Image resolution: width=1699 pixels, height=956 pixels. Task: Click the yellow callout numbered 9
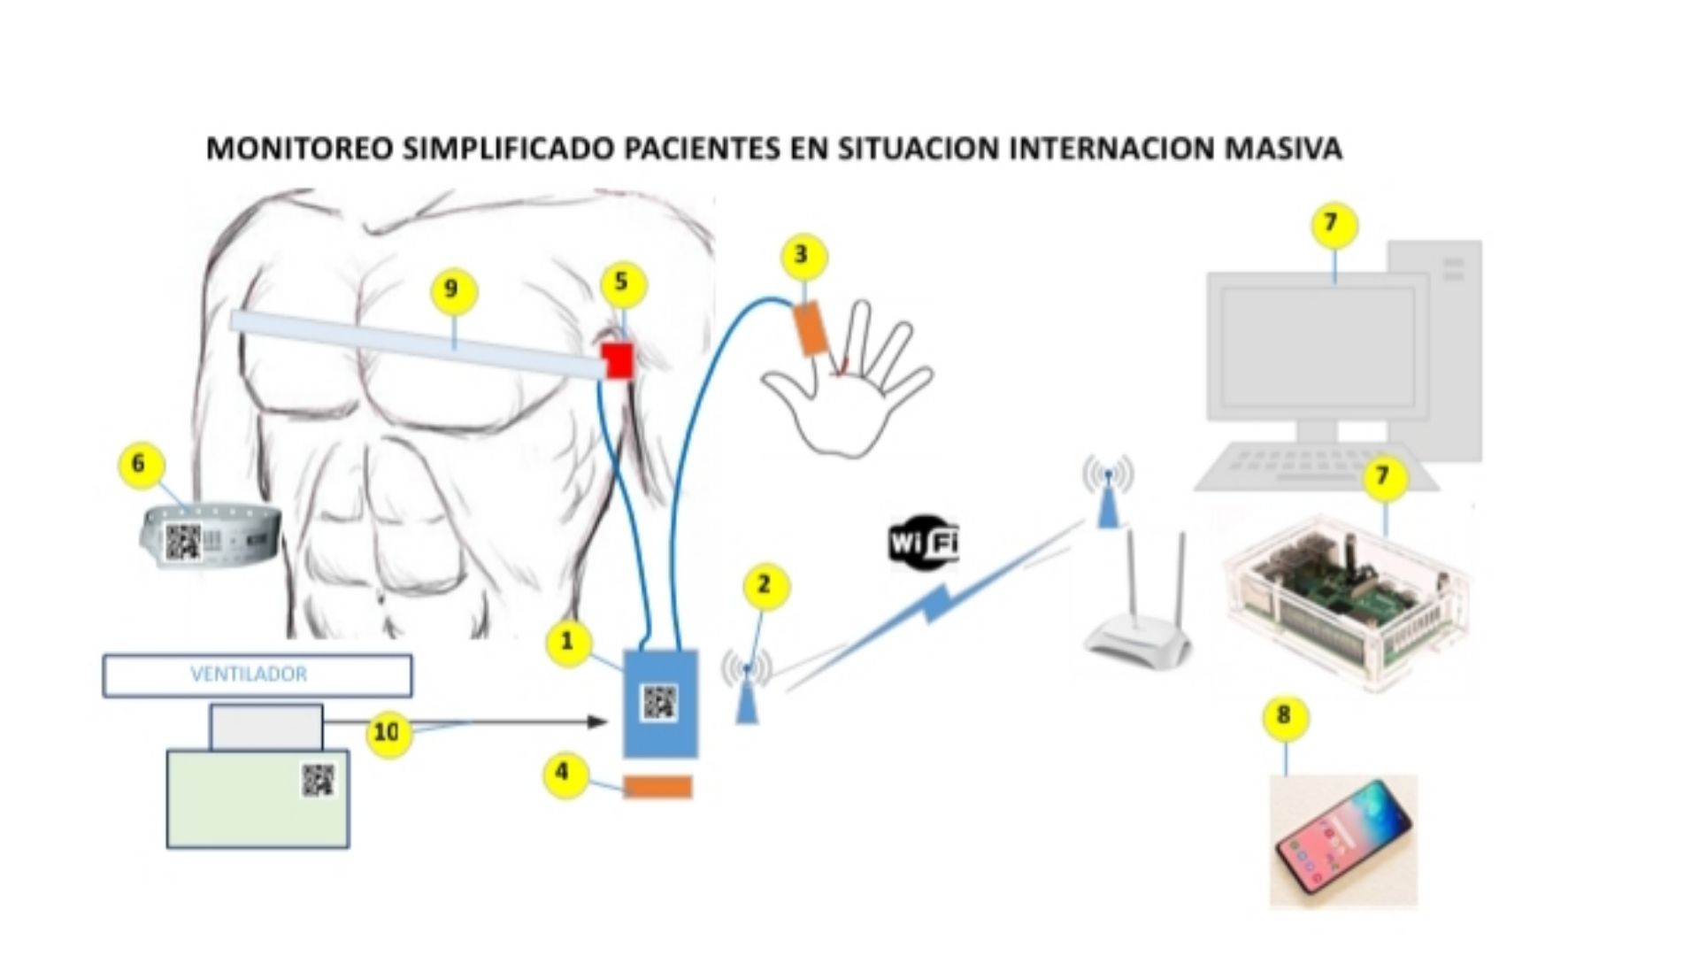tap(453, 290)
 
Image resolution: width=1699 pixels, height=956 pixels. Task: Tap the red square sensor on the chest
tap(618, 360)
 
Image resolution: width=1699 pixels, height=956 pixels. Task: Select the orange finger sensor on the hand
tap(811, 328)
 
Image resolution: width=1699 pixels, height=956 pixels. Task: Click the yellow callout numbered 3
tap(803, 256)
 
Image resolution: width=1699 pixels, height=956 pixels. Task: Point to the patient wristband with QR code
tap(211, 535)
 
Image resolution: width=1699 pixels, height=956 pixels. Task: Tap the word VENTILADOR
tap(249, 675)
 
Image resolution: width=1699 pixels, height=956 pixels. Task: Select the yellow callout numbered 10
tap(388, 733)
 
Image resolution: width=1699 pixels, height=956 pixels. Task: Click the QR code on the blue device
tap(659, 703)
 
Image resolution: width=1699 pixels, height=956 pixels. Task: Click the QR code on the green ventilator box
tap(319, 780)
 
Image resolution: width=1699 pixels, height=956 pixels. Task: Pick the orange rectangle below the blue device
tap(657, 787)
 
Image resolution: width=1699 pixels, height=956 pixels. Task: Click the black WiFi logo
tap(923, 542)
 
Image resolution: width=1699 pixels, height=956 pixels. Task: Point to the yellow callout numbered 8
tap(1285, 715)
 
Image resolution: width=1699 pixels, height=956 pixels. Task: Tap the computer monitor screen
tap(1318, 345)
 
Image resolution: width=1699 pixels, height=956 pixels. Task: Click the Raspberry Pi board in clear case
tap(1345, 602)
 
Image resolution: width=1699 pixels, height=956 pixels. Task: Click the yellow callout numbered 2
tap(764, 586)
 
